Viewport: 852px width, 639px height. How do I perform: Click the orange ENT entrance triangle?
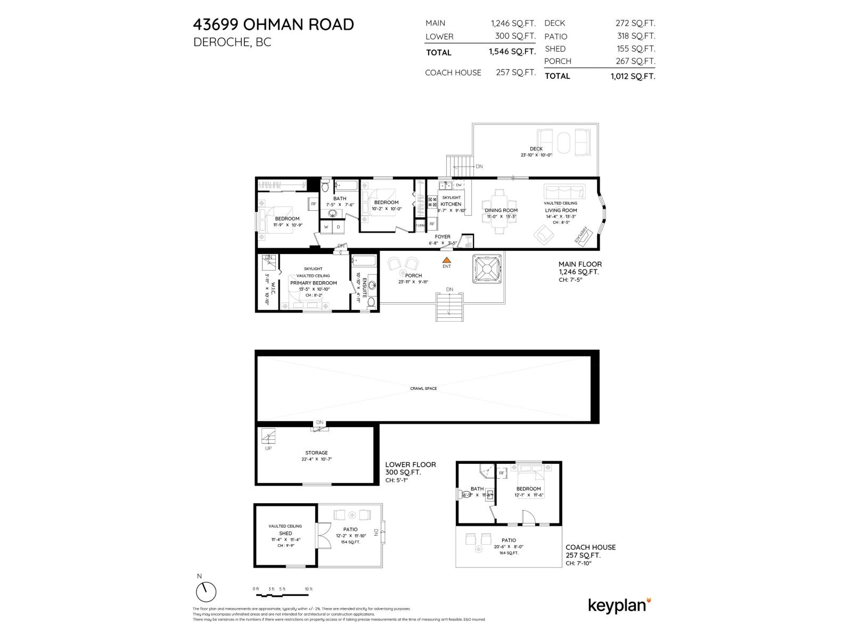(447, 260)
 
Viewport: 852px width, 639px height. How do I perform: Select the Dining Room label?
(501, 210)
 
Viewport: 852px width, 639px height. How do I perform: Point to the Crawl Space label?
(423, 389)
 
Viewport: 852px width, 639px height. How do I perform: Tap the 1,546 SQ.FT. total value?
(512, 52)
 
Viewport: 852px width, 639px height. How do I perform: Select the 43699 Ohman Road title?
(273, 24)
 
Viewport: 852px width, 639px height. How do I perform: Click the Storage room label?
(316, 453)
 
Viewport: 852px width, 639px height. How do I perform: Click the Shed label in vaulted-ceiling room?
(285, 533)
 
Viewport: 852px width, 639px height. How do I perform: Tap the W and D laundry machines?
(332, 227)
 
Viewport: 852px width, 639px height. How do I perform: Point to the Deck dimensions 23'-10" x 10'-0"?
(536, 155)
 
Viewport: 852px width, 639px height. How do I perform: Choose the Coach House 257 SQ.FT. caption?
(590, 551)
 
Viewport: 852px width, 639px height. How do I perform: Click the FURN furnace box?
(420, 225)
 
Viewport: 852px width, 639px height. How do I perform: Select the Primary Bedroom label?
(313, 283)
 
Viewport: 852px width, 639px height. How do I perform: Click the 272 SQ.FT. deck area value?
(635, 23)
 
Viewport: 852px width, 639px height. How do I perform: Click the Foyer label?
(443, 237)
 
